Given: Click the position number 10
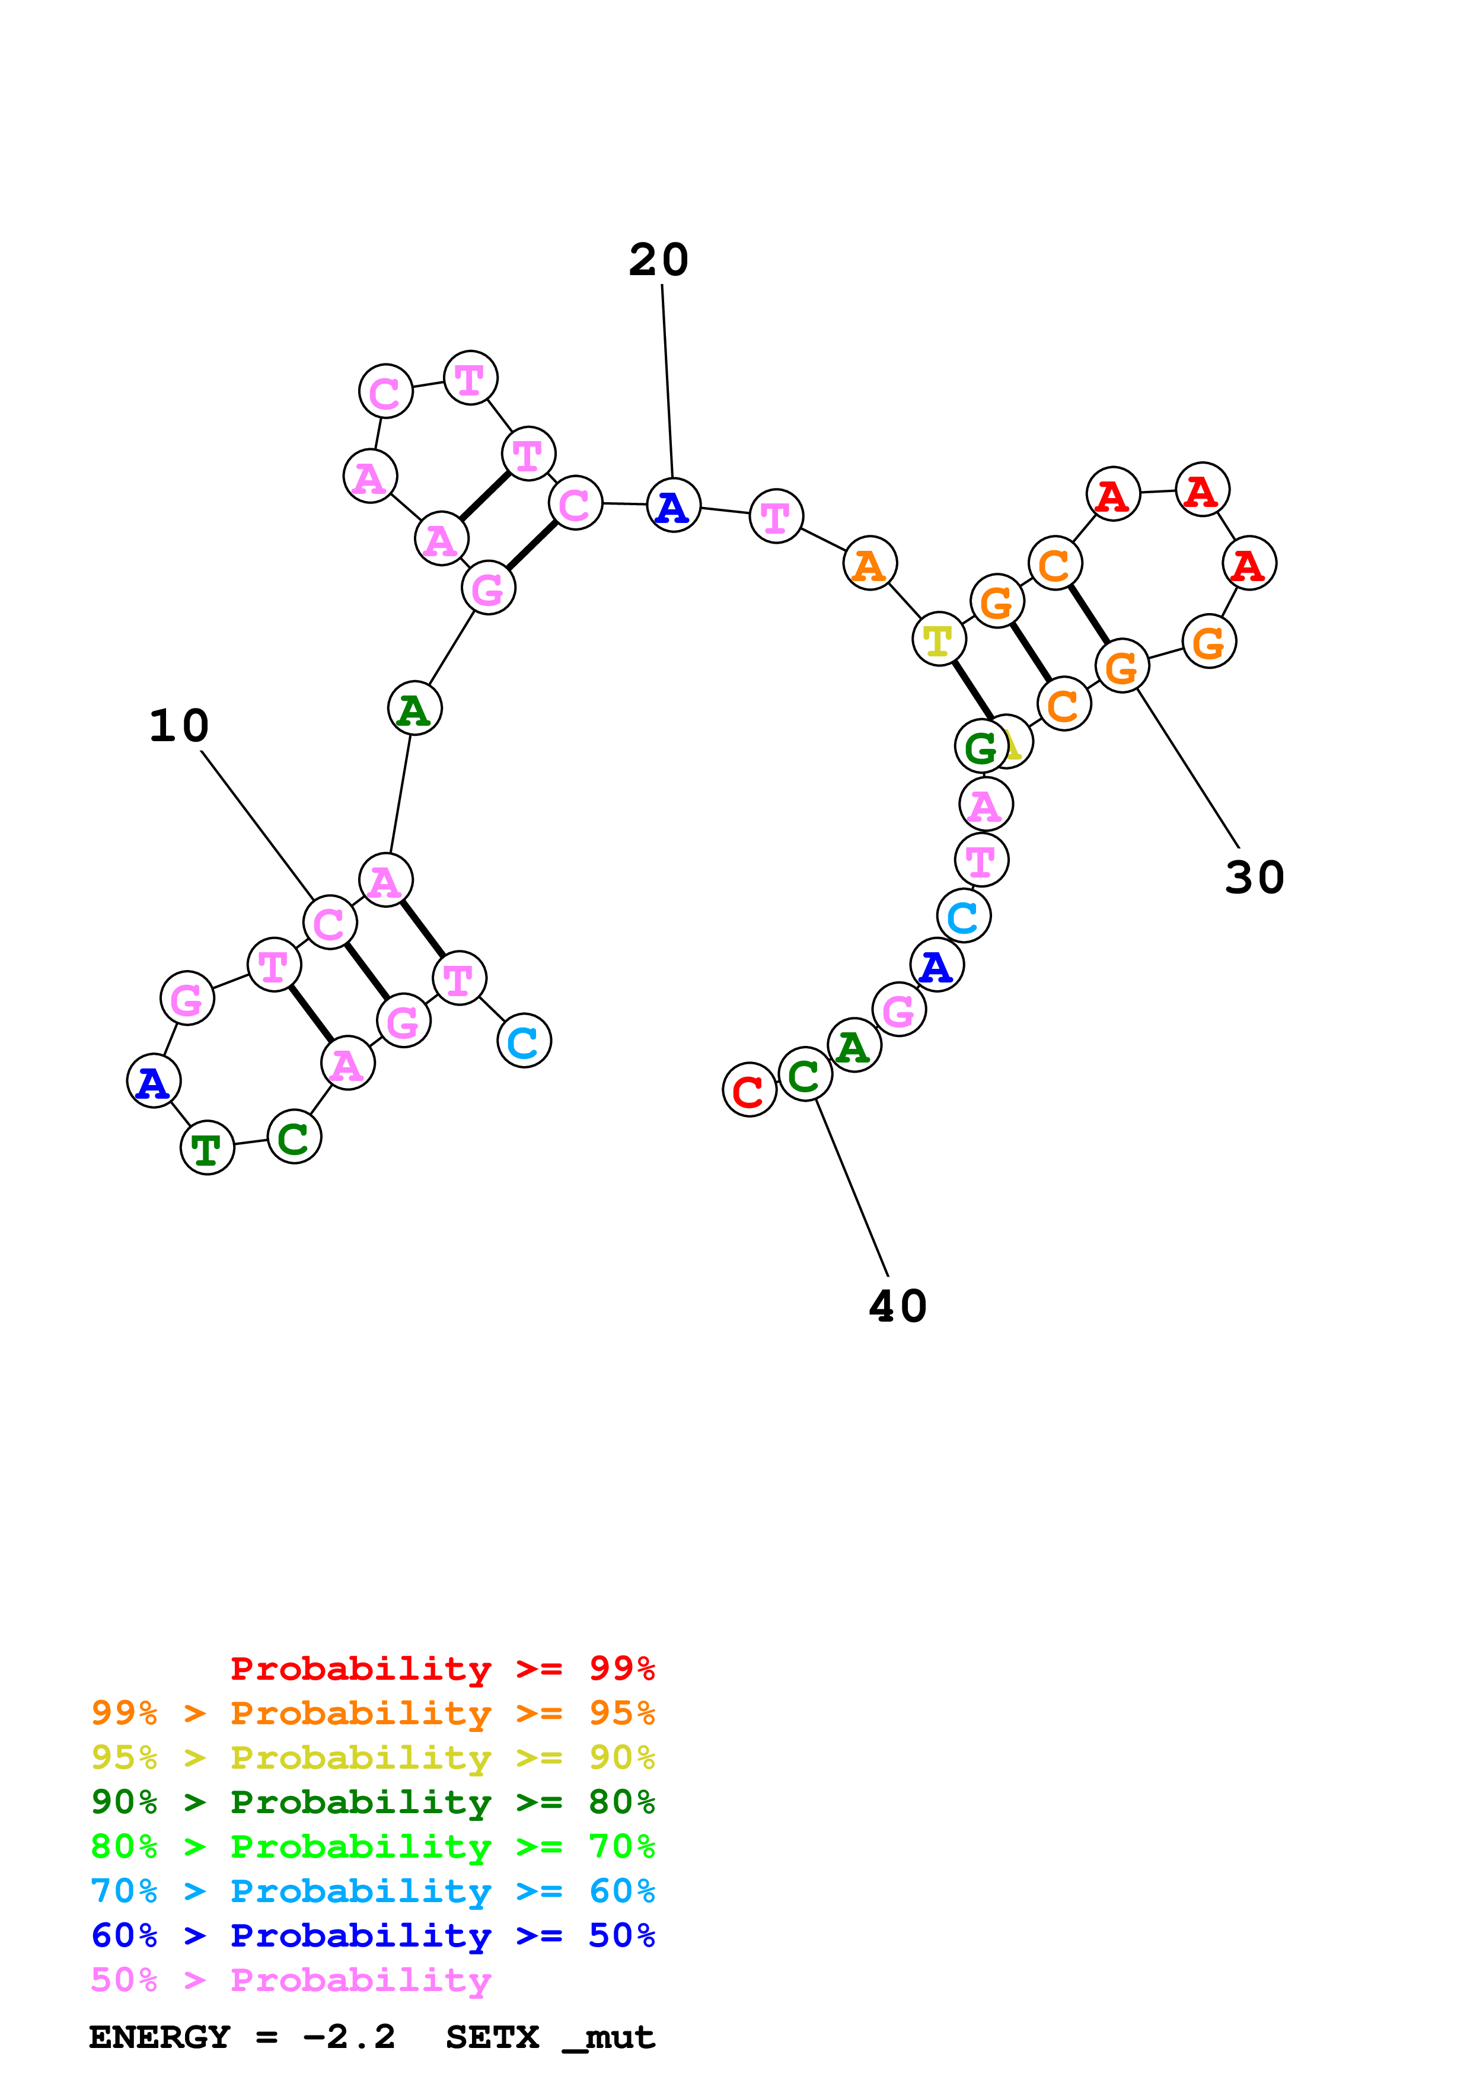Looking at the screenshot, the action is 179,726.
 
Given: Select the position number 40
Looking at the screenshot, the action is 898,1306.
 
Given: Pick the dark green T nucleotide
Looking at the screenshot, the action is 208,1149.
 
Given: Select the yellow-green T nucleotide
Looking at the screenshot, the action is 938,640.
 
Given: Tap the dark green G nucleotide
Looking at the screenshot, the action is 981,747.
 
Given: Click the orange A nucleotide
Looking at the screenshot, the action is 869,564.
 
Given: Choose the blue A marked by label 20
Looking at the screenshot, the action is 673,506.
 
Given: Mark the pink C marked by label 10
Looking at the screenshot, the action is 330,923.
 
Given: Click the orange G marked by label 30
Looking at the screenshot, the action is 1122,667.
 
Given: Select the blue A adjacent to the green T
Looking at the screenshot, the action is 153,1082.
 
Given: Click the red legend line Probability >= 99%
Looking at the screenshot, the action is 442,1669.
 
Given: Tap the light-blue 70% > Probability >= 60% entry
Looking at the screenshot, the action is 372,1891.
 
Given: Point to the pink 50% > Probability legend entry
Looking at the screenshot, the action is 290,1980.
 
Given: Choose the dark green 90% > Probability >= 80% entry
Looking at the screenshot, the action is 372,1802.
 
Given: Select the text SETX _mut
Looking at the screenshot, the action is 550,2037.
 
